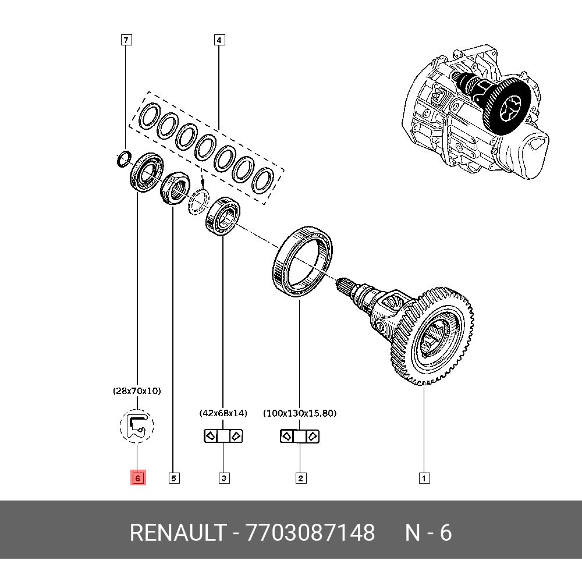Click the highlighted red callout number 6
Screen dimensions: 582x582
(x=137, y=478)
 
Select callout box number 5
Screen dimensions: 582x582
(x=173, y=478)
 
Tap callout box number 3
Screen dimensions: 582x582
(x=223, y=478)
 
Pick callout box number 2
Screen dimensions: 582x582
(x=300, y=478)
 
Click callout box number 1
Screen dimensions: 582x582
(x=424, y=478)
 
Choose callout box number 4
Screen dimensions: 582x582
(x=219, y=40)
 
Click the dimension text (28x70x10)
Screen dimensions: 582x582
(x=137, y=391)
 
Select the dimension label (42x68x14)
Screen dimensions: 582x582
(x=223, y=413)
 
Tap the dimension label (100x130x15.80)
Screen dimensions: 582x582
(x=300, y=413)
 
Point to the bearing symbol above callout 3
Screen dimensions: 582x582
(x=223, y=436)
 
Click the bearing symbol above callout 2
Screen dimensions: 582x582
(x=300, y=436)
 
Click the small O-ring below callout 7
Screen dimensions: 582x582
(x=122, y=158)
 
